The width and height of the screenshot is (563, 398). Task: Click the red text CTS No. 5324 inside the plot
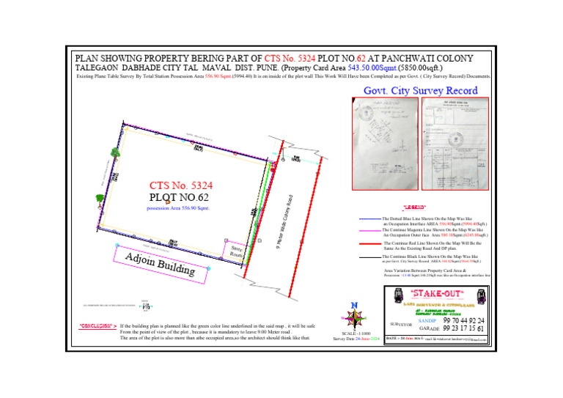pos(180,185)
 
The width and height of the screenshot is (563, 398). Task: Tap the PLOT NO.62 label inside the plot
pos(180,196)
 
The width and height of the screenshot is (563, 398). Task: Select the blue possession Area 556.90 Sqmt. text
pos(179,208)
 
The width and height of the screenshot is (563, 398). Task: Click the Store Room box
pos(236,252)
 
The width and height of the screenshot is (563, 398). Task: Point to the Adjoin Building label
pos(160,265)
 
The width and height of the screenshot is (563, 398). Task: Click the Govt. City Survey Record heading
pos(421,91)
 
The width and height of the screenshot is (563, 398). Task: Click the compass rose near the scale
pos(354,318)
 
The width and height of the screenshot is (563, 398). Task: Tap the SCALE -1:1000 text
pos(355,333)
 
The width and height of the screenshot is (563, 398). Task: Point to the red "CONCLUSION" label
pos(97,325)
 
